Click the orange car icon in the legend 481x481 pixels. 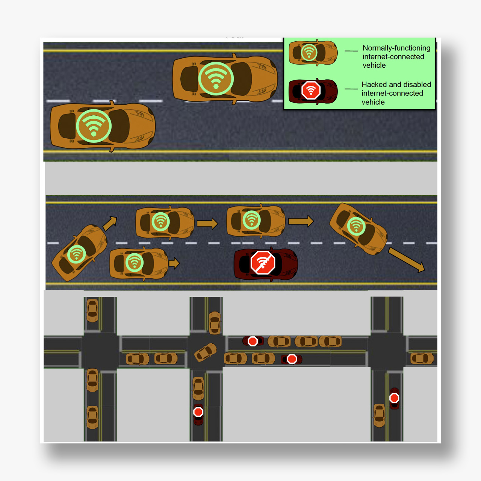pyautogui.click(x=313, y=53)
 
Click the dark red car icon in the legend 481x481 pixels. pyautogui.click(x=313, y=91)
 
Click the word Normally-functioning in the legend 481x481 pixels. pyautogui.click(x=396, y=48)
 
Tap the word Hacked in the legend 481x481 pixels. pyautogui.click(x=374, y=85)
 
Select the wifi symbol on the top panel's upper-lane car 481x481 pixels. pyautogui.click(x=216, y=79)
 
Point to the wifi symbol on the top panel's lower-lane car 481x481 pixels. pyautogui.click(x=94, y=126)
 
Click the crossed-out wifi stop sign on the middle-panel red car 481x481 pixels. pyautogui.click(x=263, y=262)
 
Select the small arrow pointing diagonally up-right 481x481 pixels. pyautogui.click(x=110, y=223)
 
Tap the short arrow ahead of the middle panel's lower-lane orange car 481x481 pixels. pyautogui.click(x=174, y=263)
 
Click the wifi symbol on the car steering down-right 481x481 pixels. pyautogui.click(x=356, y=226)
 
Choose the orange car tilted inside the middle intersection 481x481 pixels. pyautogui.click(x=206, y=352)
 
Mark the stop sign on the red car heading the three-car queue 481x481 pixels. pyautogui.click(x=253, y=341)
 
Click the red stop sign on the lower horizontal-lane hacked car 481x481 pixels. pyautogui.click(x=292, y=359)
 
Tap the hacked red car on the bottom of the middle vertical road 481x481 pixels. pyautogui.click(x=198, y=414)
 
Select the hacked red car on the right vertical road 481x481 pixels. pyautogui.click(x=394, y=398)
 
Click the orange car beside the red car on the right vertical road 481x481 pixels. pyautogui.click(x=379, y=415)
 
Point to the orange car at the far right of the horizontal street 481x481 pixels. pyautogui.click(x=422, y=358)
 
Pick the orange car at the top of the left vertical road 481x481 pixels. pyautogui.click(x=92, y=310)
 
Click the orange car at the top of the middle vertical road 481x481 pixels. pyautogui.click(x=215, y=322)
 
